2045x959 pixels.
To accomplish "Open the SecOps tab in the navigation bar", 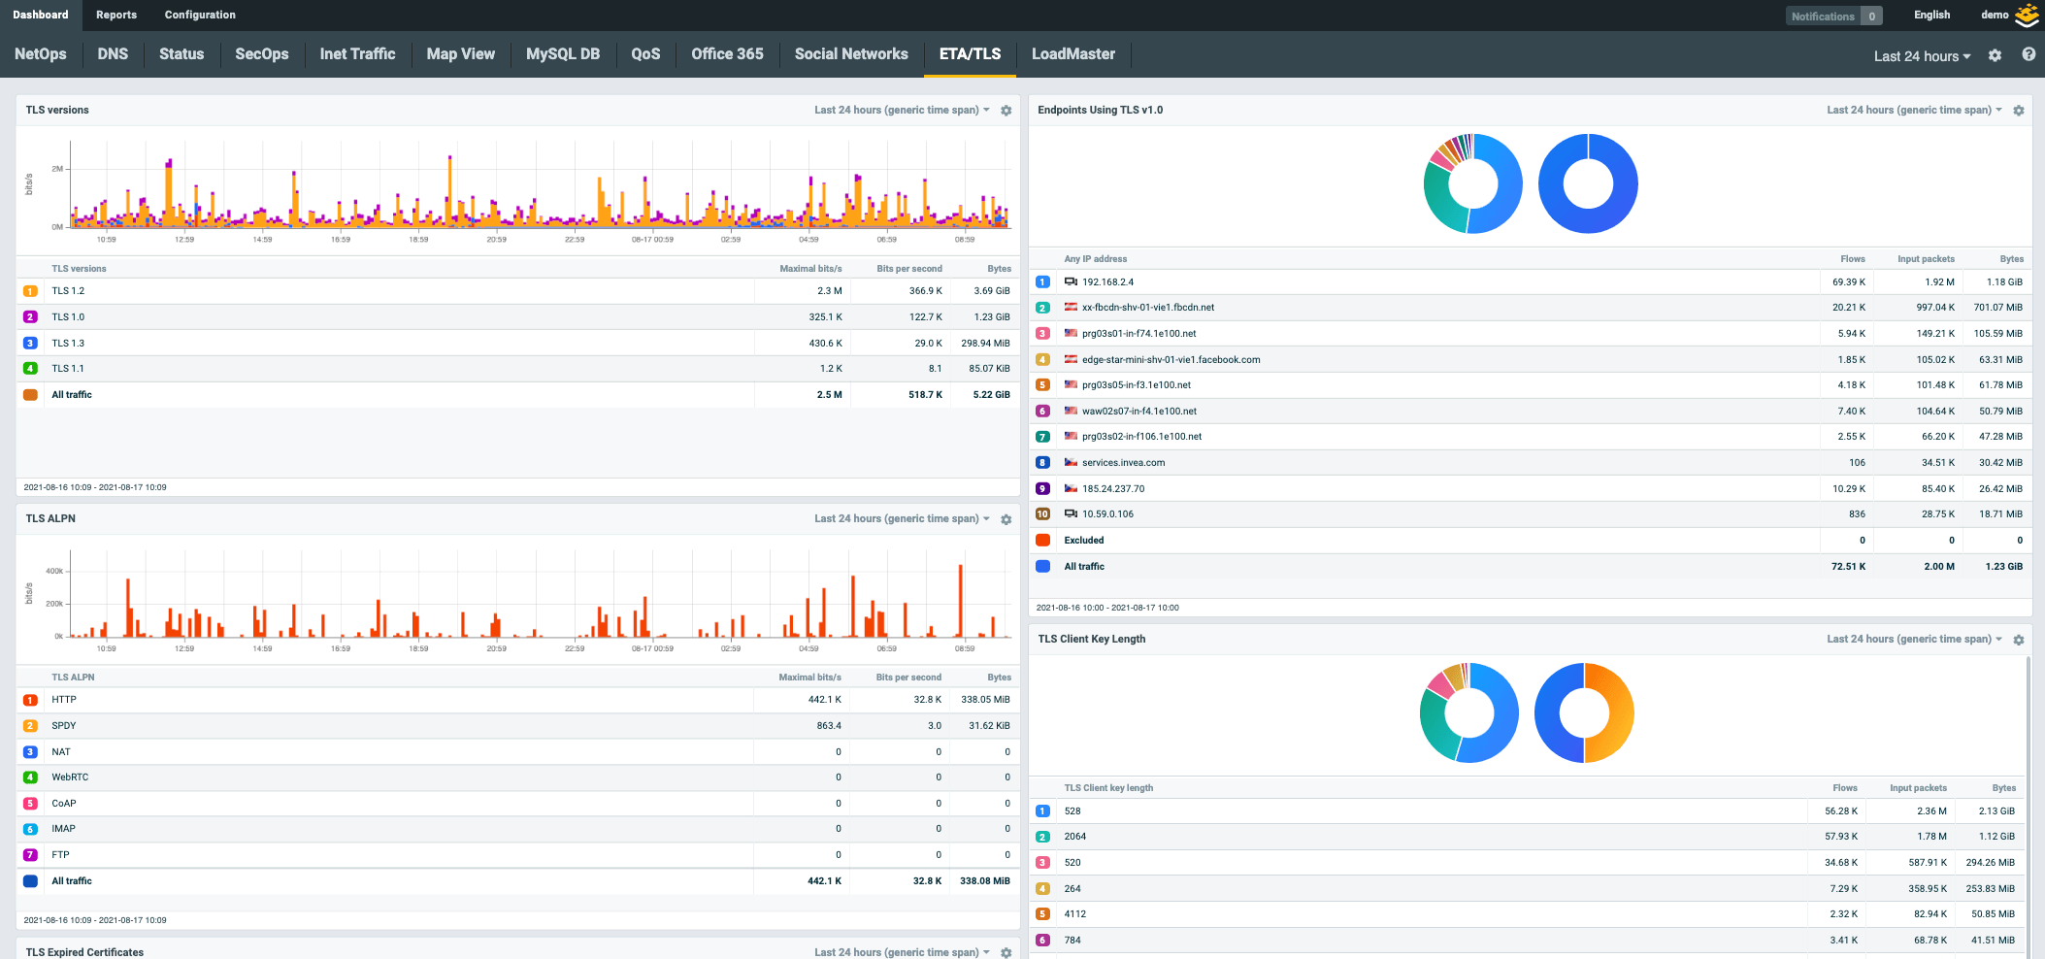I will pyautogui.click(x=261, y=54).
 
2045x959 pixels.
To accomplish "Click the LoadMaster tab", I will pyautogui.click(x=1072, y=54).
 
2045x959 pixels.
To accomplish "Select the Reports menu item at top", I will pyautogui.click(x=116, y=15).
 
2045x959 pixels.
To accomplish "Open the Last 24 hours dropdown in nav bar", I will pyautogui.click(x=1921, y=56).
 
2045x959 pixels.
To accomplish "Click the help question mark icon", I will pyautogui.click(x=2028, y=54).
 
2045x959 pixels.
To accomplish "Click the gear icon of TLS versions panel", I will pyautogui.click(x=1006, y=111).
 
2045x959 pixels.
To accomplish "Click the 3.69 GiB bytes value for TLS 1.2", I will pyautogui.click(x=991, y=291).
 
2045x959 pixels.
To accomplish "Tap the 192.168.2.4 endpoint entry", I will pyautogui.click(x=1107, y=282).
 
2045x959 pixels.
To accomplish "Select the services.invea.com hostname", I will pyautogui.click(x=1123, y=463).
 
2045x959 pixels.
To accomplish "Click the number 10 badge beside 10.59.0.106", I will pyautogui.click(x=1042, y=514).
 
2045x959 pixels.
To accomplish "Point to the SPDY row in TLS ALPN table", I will pyautogui.click(x=64, y=726).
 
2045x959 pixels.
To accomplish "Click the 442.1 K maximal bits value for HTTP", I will pyautogui.click(x=824, y=700).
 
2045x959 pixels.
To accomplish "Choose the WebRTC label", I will pyautogui.click(x=70, y=777).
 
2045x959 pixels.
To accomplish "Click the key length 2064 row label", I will pyautogui.click(x=1074, y=837).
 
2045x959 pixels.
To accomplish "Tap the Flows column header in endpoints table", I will pyautogui.click(x=1852, y=259).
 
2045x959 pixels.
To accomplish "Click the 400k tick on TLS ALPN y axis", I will pyautogui.click(x=54, y=571).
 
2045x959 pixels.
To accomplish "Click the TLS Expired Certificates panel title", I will pyautogui.click(x=84, y=952).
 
